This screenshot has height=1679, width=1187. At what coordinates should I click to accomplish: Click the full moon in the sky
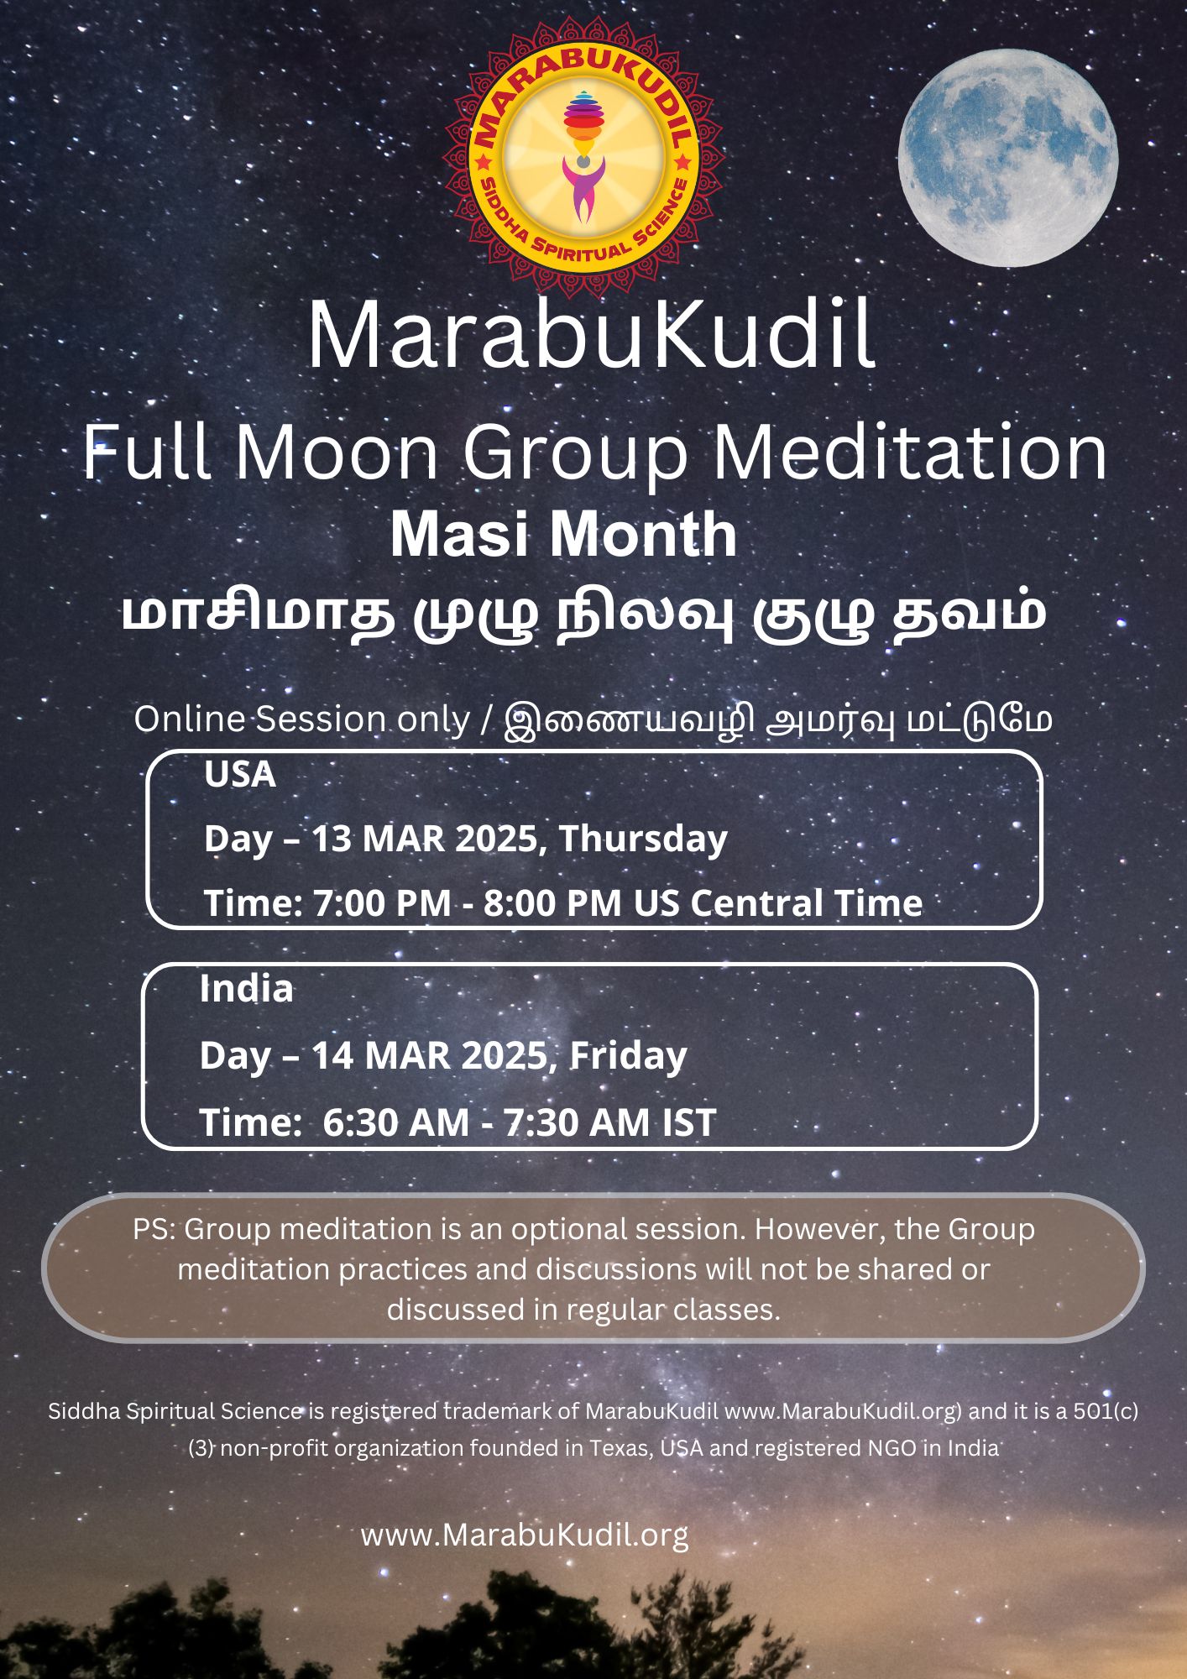1007,158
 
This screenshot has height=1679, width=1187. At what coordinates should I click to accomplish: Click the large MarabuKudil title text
592,336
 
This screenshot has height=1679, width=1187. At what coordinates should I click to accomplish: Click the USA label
240,774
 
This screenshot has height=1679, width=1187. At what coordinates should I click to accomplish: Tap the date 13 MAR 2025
428,839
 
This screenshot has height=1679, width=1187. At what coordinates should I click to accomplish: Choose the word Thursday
643,839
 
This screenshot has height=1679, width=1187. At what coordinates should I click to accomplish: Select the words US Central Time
778,903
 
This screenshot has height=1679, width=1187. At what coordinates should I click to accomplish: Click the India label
246,989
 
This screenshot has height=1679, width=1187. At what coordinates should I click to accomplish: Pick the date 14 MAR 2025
428,1055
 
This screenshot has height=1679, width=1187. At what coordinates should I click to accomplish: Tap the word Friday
628,1055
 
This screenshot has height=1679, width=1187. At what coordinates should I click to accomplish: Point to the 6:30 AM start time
396,1122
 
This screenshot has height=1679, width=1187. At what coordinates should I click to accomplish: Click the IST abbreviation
688,1122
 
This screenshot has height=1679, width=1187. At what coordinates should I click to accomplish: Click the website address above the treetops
525,1535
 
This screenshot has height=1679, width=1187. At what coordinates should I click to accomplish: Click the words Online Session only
302,719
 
